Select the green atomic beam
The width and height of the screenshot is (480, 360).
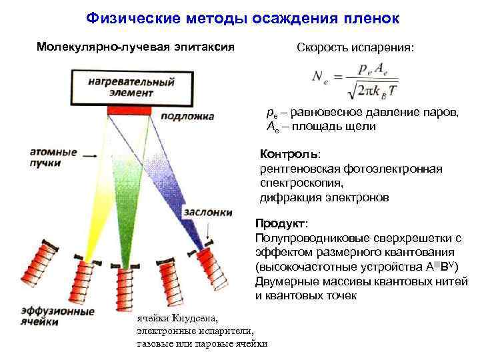[x=124, y=200]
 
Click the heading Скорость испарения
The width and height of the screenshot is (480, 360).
[x=355, y=49]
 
